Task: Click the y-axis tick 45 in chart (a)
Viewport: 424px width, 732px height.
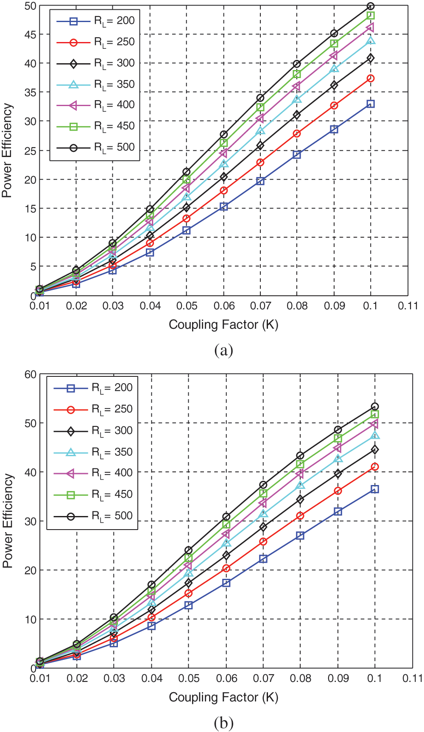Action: [x=31, y=34]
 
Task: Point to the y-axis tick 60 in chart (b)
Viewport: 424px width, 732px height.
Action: [x=31, y=374]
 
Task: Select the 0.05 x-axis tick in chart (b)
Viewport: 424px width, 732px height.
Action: [x=189, y=679]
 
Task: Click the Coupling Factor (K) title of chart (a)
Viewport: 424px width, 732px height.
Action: [x=223, y=325]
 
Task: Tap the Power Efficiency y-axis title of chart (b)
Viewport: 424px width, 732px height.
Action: [x=8, y=521]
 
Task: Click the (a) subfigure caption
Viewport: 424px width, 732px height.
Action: [x=223, y=351]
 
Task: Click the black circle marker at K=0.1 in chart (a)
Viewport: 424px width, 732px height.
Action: [x=371, y=6]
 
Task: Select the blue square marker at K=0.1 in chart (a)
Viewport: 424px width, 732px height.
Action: [x=371, y=104]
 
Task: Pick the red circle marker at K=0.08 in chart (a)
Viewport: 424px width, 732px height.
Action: [x=297, y=134]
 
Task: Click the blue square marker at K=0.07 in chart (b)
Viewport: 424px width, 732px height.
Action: [x=263, y=559]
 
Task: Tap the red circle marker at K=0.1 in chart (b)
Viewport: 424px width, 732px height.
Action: [x=375, y=467]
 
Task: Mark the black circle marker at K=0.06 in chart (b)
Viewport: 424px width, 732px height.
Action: [x=226, y=517]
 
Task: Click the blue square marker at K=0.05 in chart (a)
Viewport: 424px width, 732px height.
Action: [x=187, y=230]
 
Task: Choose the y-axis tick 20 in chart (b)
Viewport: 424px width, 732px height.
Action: [x=31, y=570]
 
